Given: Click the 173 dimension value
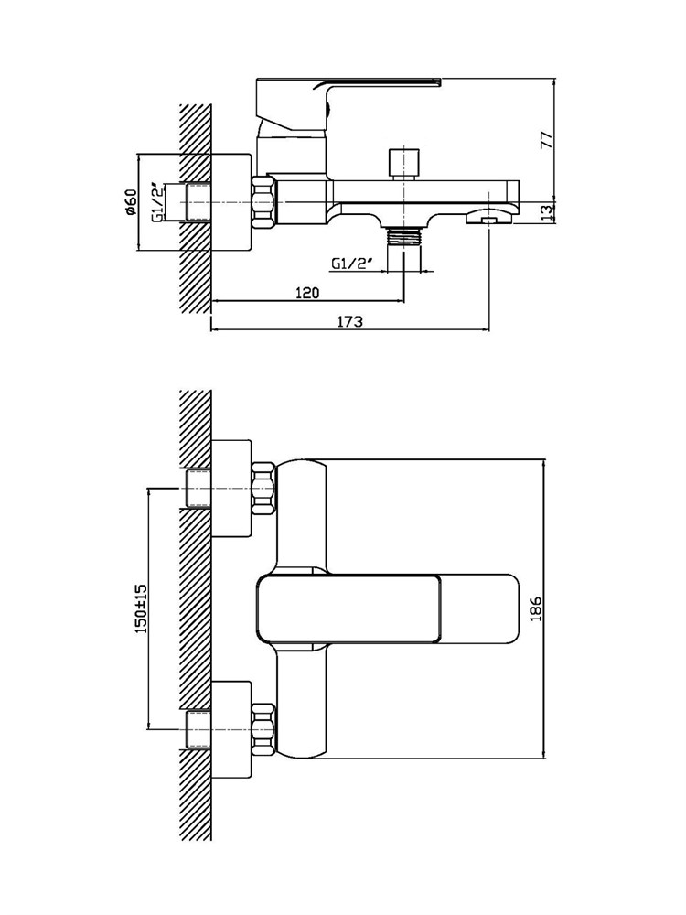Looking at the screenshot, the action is click(x=350, y=321).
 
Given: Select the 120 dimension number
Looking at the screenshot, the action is click(x=307, y=293).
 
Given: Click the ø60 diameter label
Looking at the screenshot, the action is click(x=130, y=202).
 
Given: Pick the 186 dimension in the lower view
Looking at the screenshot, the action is click(x=537, y=608).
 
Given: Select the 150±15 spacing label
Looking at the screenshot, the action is click(x=141, y=609).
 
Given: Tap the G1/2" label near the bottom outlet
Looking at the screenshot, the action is click(x=352, y=264).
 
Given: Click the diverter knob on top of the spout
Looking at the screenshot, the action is click(x=403, y=164).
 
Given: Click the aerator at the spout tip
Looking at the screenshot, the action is click(x=488, y=219).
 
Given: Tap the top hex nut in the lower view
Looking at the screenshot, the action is click(x=263, y=489).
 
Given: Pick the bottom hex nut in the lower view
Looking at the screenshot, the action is click(x=263, y=729).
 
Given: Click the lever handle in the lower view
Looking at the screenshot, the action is click(x=388, y=609).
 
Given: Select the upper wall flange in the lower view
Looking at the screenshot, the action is click(x=231, y=489).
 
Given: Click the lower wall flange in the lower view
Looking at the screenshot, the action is click(x=231, y=729).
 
